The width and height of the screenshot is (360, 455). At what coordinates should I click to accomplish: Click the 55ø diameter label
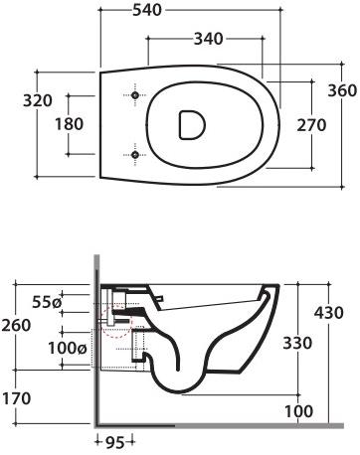tap(47, 301)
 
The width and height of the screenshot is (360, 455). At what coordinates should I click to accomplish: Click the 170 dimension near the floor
tap(18, 398)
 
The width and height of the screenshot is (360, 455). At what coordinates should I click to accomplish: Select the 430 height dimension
tap(327, 312)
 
